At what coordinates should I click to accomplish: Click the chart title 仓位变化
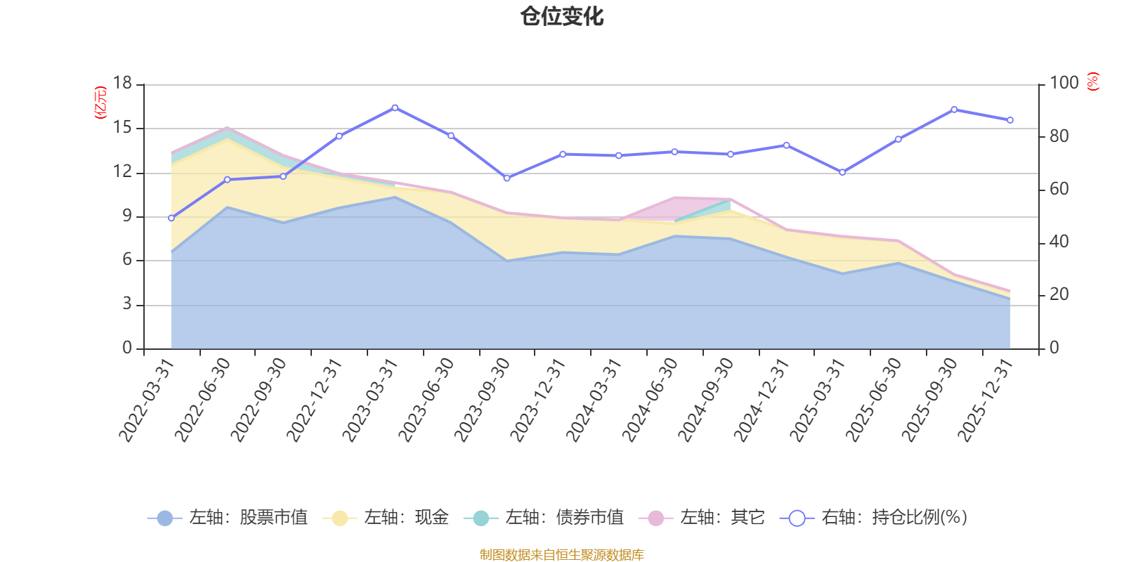(x=562, y=16)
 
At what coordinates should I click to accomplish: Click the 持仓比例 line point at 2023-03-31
(x=395, y=107)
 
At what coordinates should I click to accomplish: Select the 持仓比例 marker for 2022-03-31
(x=171, y=218)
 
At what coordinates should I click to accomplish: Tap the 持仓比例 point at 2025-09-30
(x=954, y=110)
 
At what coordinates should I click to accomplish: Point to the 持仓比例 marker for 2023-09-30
(x=507, y=178)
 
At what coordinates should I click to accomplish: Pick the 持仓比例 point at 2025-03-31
(x=842, y=172)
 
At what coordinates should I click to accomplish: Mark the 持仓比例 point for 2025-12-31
(x=1010, y=120)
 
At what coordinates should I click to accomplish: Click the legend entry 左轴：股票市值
(x=228, y=518)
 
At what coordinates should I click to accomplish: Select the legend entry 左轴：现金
(x=386, y=518)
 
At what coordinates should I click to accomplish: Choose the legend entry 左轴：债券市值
(x=544, y=518)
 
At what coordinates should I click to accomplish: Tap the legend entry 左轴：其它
(x=702, y=518)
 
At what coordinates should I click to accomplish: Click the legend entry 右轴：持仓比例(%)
(x=874, y=518)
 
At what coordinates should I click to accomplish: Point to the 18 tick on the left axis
(x=122, y=83)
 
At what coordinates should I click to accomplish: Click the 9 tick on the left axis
(x=127, y=216)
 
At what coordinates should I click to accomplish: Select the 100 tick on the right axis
(x=1064, y=83)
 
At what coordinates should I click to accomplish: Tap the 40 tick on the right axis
(x=1059, y=242)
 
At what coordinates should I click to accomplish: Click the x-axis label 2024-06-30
(x=651, y=399)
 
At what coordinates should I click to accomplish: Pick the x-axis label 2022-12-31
(x=315, y=399)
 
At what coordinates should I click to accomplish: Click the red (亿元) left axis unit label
(x=100, y=103)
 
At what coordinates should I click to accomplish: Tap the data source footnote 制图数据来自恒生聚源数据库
(x=562, y=555)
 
